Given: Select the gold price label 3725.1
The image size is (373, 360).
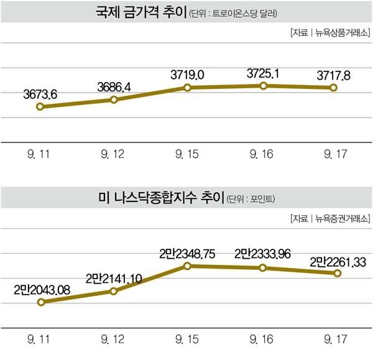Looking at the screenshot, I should tap(263, 74).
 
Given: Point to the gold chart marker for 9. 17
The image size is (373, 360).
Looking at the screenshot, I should tap(334, 88).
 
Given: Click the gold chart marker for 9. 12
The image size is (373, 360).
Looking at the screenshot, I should tap(114, 99).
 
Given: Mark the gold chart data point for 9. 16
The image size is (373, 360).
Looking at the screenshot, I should tap(263, 85).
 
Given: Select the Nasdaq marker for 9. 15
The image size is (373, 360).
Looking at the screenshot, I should tap(187, 265).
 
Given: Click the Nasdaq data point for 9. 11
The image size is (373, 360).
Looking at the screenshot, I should tap(40, 302).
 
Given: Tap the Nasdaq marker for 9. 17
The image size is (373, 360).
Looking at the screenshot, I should tap(338, 273).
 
